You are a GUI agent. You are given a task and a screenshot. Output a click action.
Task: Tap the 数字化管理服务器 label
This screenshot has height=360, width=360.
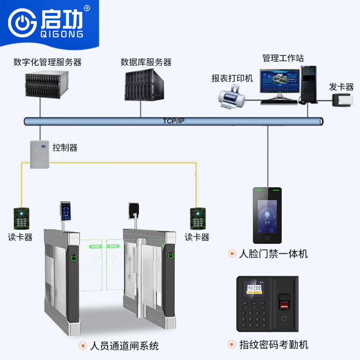point(48,62)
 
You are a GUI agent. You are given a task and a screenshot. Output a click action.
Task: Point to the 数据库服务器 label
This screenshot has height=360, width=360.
point(146,62)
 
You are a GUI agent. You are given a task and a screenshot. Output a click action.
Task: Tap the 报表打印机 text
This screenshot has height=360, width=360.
point(232,78)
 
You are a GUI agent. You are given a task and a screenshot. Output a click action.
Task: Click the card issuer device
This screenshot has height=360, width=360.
point(343,99)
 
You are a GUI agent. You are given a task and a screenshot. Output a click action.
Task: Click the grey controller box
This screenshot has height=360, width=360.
point(40,154)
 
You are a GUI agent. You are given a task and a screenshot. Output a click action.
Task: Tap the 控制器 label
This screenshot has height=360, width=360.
point(65,148)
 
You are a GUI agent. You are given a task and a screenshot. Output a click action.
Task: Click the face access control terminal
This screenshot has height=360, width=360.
point(267,215)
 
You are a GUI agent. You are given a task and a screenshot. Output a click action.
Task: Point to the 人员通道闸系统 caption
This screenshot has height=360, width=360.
point(124,346)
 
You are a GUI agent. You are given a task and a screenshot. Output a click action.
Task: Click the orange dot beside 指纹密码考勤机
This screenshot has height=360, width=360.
point(232,345)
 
